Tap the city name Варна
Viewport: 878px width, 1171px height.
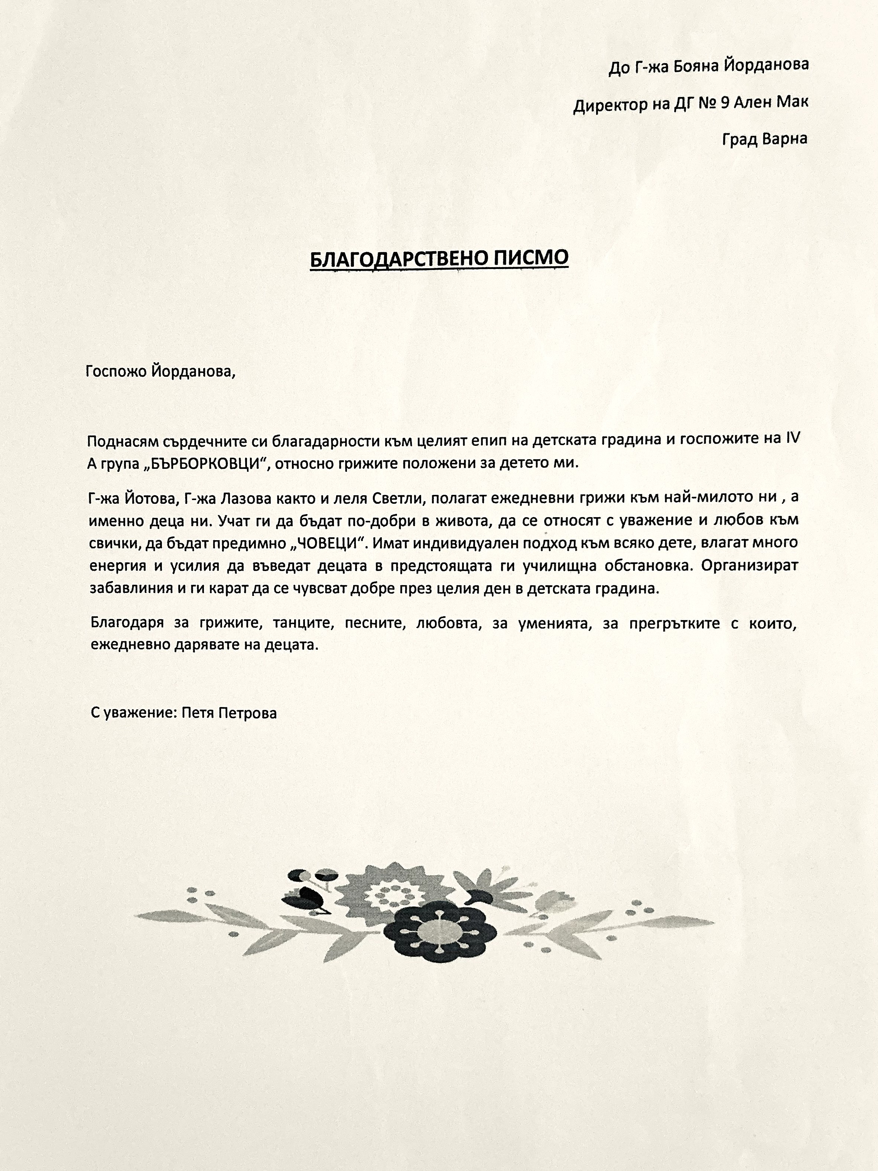coord(784,139)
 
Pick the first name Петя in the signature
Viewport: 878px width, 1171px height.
coord(197,713)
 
